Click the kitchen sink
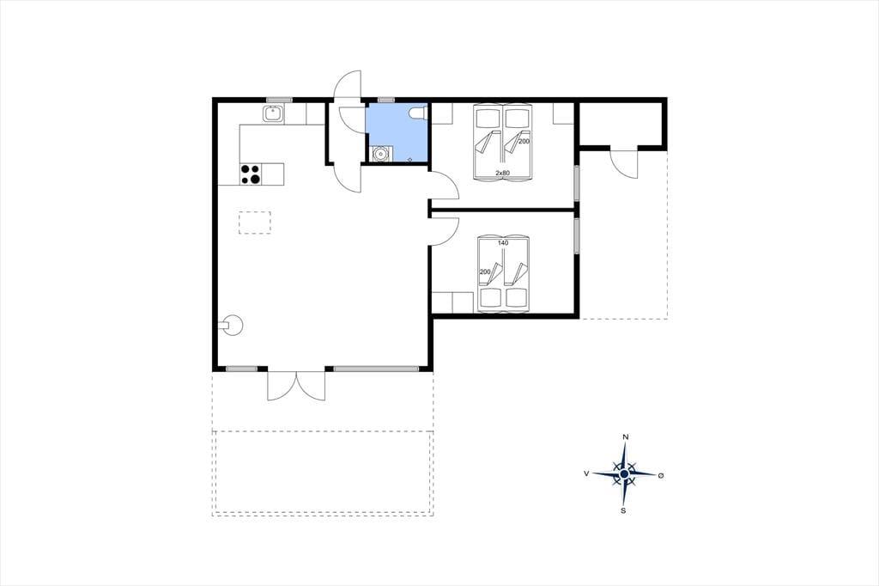pyautogui.click(x=274, y=114)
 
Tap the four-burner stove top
pyautogui.click(x=251, y=174)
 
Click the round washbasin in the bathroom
pyautogui.click(x=381, y=153)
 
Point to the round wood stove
pyautogui.click(x=233, y=325)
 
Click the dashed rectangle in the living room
pyautogui.click(x=255, y=223)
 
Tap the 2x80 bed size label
pyautogui.click(x=502, y=173)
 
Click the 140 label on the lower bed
pyautogui.click(x=503, y=243)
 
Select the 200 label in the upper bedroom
pyautogui.click(x=524, y=142)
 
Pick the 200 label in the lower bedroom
pyautogui.click(x=485, y=272)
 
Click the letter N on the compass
pyautogui.click(x=626, y=437)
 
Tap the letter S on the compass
pyautogui.click(x=623, y=510)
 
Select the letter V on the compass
pyautogui.click(x=586, y=473)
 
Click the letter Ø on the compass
pyautogui.click(x=661, y=475)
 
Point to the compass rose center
pyautogui.click(x=624, y=474)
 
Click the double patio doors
pyautogui.click(x=296, y=385)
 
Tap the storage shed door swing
pyautogui.click(x=623, y=163)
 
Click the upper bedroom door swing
pyautogui.click(x=444, y=186)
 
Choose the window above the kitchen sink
pyautogui.click(x=279, y=100)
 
